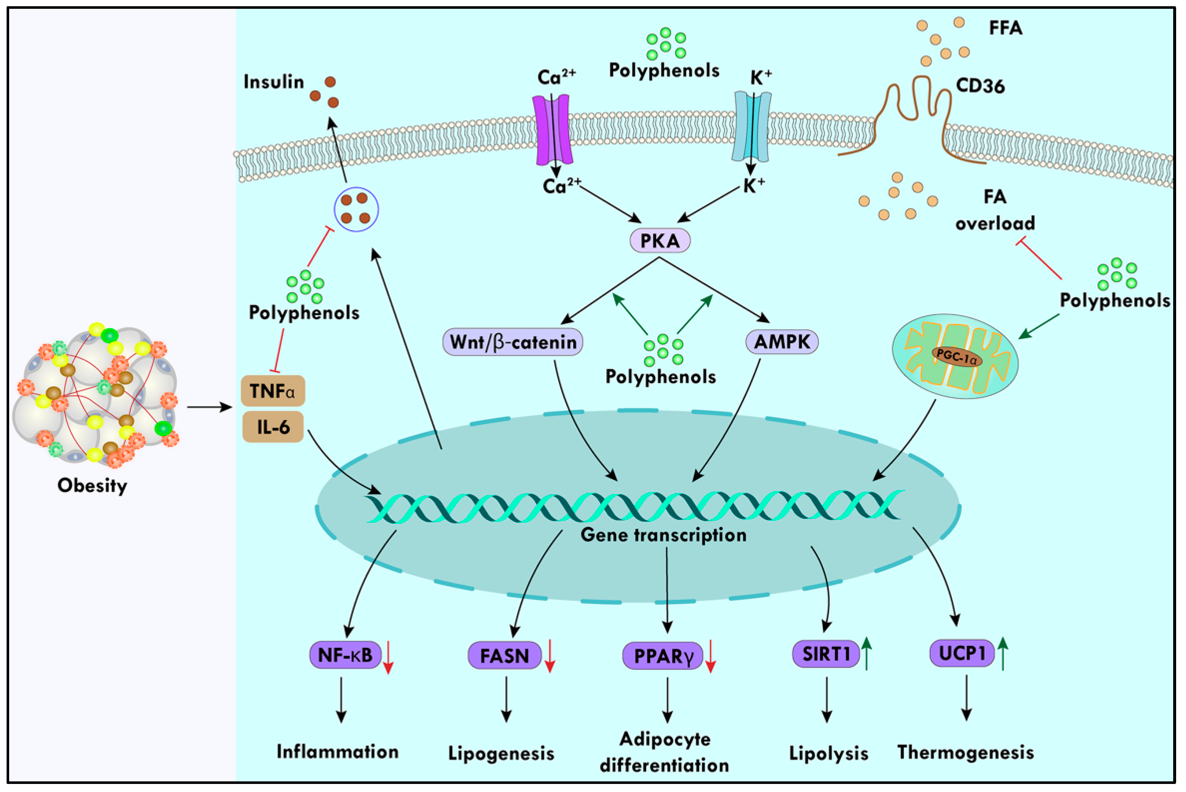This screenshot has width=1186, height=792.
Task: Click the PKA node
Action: pyautogui.click(x=659, y=241)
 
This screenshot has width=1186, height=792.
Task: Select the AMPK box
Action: pyautogui.click(x=782, y=342)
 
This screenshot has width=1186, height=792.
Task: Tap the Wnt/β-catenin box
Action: pyautogui.click(x=512, y=342)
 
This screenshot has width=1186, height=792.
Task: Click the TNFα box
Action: pyautogui.click(x=273, y=391)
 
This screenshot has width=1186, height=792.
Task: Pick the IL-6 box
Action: pyautogui.click(x=273, y=427)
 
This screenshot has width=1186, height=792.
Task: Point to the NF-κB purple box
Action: pyautogui.click(x=345, y=655)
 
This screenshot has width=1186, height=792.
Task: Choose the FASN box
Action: pyautogui.click(x=504, y=656)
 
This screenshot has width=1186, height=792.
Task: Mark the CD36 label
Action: pyautogui.click(x=980, y=86)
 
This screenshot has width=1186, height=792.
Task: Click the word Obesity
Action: pyautogui.click(x=92, y=486)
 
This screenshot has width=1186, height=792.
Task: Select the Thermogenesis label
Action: pyautogui.click(x=965, y=752)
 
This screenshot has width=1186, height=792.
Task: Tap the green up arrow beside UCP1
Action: pyautogui.click(x=1003, y=654)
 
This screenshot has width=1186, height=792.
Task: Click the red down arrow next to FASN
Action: pyautogui.click(x=550, y=656)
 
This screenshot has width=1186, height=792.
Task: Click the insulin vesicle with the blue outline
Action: pyautogui.click(x=356, y=209)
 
